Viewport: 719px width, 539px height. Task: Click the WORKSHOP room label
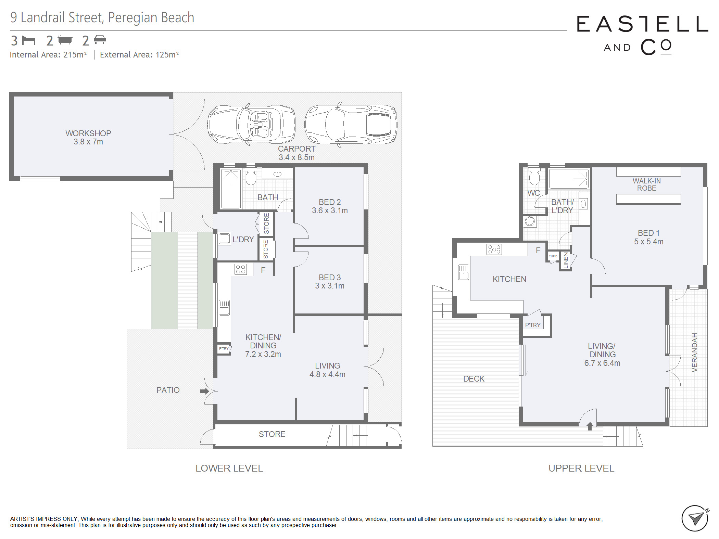click(x=88, y=133)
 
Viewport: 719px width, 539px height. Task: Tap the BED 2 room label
click(x=330, y=202)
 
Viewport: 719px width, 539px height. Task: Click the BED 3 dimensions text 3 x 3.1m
click(x=330, y=286)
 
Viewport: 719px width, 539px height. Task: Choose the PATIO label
click(x=168, y=390)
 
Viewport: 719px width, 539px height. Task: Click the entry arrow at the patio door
click(x=205, y=391)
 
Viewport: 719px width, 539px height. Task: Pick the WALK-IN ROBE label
click(x=647, y=184)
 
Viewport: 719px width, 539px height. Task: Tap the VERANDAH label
click(x=694, y=352)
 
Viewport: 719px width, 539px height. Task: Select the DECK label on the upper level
click(x=474, y=379)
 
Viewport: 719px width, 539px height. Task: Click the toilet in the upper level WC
click(x=534, y=177)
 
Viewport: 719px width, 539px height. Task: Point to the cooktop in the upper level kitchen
click(x=494, y=249)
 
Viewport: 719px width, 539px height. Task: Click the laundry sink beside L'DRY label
click(x=224, y=239)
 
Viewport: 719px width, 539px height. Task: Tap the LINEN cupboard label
click(x=566, y=260)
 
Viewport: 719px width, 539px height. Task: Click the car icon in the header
click(x=100, y=40)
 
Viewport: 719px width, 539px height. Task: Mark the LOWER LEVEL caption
click(x=229, y=468)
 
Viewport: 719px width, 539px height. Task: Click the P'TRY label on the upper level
click(x=533, y=325)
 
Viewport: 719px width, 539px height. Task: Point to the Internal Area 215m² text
click(x=48, y=55)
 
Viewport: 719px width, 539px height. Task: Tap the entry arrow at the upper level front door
click(x=590, y=426)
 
